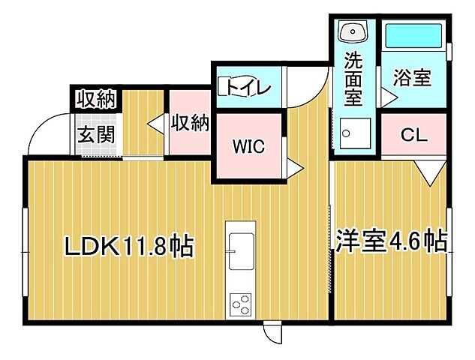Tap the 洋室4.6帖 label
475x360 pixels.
tap(391, 241)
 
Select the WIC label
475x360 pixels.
tap(248, 147)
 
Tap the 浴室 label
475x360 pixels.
tap(413, 77)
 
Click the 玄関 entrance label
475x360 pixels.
tap(95, 138)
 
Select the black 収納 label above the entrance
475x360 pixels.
tap(95, 98)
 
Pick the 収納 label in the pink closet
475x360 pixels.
tap(189, 121)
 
